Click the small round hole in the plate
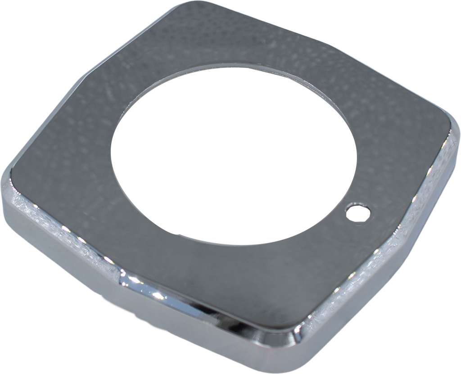pyautogui.click(x=358, y=212)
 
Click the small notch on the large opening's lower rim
pyautogui.click(x=180, y=234)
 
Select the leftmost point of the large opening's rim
pyautogui.click(x=111, y=149)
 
